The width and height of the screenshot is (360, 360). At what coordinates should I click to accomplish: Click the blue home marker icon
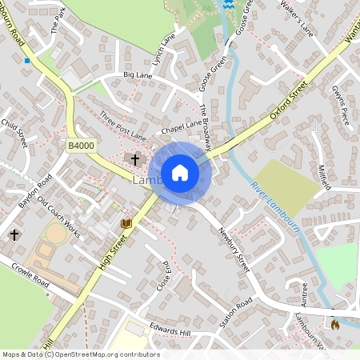pyautogui.click(x=180, y=173)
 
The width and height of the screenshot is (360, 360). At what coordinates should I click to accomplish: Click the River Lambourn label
pyautogui.click(x=274, y=207)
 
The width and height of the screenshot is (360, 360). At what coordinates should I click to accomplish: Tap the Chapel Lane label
pyautogui.click(x=182, y=127)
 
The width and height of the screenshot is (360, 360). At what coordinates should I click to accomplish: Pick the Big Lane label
pyautogui.click(x=137, y=74)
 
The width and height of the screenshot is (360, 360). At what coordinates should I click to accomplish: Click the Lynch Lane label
pyautogui.click(x=165, y=49)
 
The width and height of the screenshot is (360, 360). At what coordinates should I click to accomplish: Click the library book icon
pyautogui.click(x=126, y=223)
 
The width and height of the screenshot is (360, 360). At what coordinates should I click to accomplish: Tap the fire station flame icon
pyautogui.click(x=335, y=324)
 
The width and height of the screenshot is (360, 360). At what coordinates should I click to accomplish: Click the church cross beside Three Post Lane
pyautogui.click(x=136, y=159)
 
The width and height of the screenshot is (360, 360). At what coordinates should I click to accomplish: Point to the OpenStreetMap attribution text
pyautogui.click(x=81, y=354)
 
